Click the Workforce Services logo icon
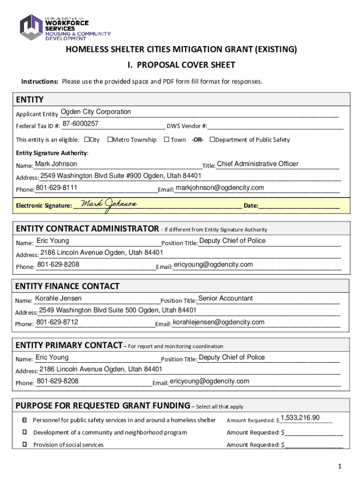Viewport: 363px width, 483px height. [x=31, y=27]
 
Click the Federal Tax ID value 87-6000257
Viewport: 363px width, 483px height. [x=80, y=124]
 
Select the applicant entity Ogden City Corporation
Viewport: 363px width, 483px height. [x=96, y=112]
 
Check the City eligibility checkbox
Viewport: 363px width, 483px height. [x=87, y=140]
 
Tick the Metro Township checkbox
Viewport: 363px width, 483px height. [x=109, y=140]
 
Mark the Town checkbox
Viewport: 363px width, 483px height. [x=166, y=140]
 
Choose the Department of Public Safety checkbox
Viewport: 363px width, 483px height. [x=212, y=140]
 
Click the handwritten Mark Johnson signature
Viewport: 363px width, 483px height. [x=108, y=204]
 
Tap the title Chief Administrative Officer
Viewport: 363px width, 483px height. [x=257, y=164]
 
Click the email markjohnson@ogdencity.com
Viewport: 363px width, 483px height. [x=220, y=188]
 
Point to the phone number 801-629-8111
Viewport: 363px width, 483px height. [x=57, y=188]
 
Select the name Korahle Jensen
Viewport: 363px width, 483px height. [x=58, y=298]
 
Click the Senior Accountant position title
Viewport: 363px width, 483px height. [x=225, y=298]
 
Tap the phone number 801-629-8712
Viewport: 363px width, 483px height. [x=57, y=322]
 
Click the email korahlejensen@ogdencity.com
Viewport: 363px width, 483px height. [x=219, y=322]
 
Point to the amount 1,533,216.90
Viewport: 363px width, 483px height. [x=300, y=418]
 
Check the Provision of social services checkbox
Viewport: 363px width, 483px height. [x=25, y=444]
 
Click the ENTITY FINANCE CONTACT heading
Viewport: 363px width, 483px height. [x=67, y=286]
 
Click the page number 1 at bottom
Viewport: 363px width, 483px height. [x=339, y=466]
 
